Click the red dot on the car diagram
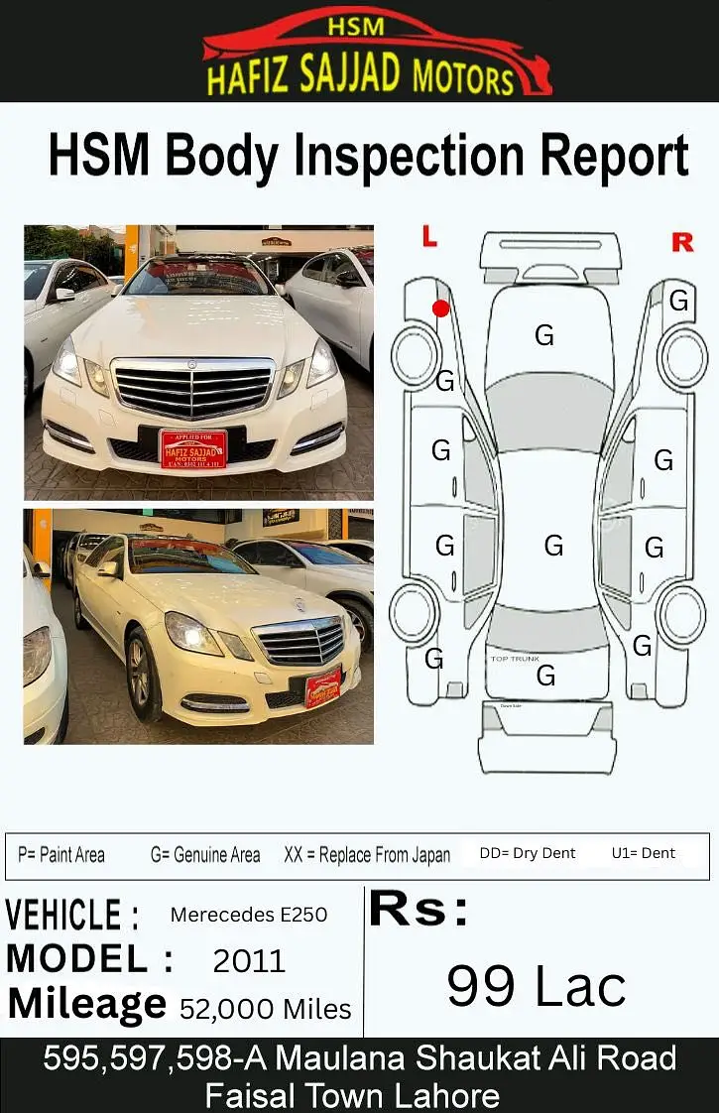[x=440, y=309]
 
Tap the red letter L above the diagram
[x=428, y=236]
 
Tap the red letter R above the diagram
[x=682, y=242]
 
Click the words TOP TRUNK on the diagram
[x=516, y=659]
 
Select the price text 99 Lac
[x=537, y=986]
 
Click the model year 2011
[x=249, y=960]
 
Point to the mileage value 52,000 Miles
[x=266, y=1009]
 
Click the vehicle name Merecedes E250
[x=249, y=914]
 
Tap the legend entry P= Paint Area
[x=61, y=854]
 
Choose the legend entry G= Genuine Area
[x=205, y=854]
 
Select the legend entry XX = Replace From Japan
[x=367, y=854]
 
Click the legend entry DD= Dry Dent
[x=528, y=853]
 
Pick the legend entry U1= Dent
[x=644, y=853]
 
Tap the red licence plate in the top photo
[x=193, y=448]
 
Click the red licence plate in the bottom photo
[x=323, y=687]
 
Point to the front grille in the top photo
[x=193, y=388]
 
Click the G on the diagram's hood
[x=544, y=335]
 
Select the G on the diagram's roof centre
[x=553, y=545]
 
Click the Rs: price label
[x=419, y=911]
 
